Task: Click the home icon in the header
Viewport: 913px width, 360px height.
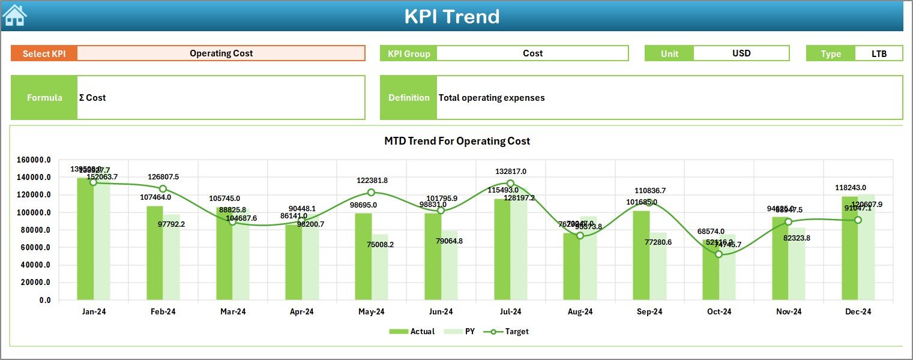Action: tap(14, 16)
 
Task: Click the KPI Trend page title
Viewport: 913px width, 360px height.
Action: tap(451, 16)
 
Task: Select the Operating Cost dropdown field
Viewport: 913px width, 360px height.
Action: tap(221, 53)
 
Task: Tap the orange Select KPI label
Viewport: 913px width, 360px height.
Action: tap(44, 53)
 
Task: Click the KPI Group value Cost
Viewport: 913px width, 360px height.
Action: tap(532, 53)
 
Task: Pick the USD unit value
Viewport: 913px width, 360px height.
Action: tap(741, 53)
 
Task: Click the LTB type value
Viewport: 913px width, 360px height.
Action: tap(879, 53)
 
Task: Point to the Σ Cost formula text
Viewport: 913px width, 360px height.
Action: tap(92, 98)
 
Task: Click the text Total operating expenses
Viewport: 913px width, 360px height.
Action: tap(492, 98)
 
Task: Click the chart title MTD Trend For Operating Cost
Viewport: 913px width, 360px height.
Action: tap(457, 141)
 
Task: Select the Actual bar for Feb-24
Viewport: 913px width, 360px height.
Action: tap(155, 253)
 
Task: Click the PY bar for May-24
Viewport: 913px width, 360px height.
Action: tap(379, 267)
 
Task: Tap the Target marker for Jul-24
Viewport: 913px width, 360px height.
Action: tap(510, 184)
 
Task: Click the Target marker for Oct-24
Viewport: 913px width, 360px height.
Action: tap(719, 254)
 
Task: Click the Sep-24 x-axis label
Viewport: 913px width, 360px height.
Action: tap(649, 312)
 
